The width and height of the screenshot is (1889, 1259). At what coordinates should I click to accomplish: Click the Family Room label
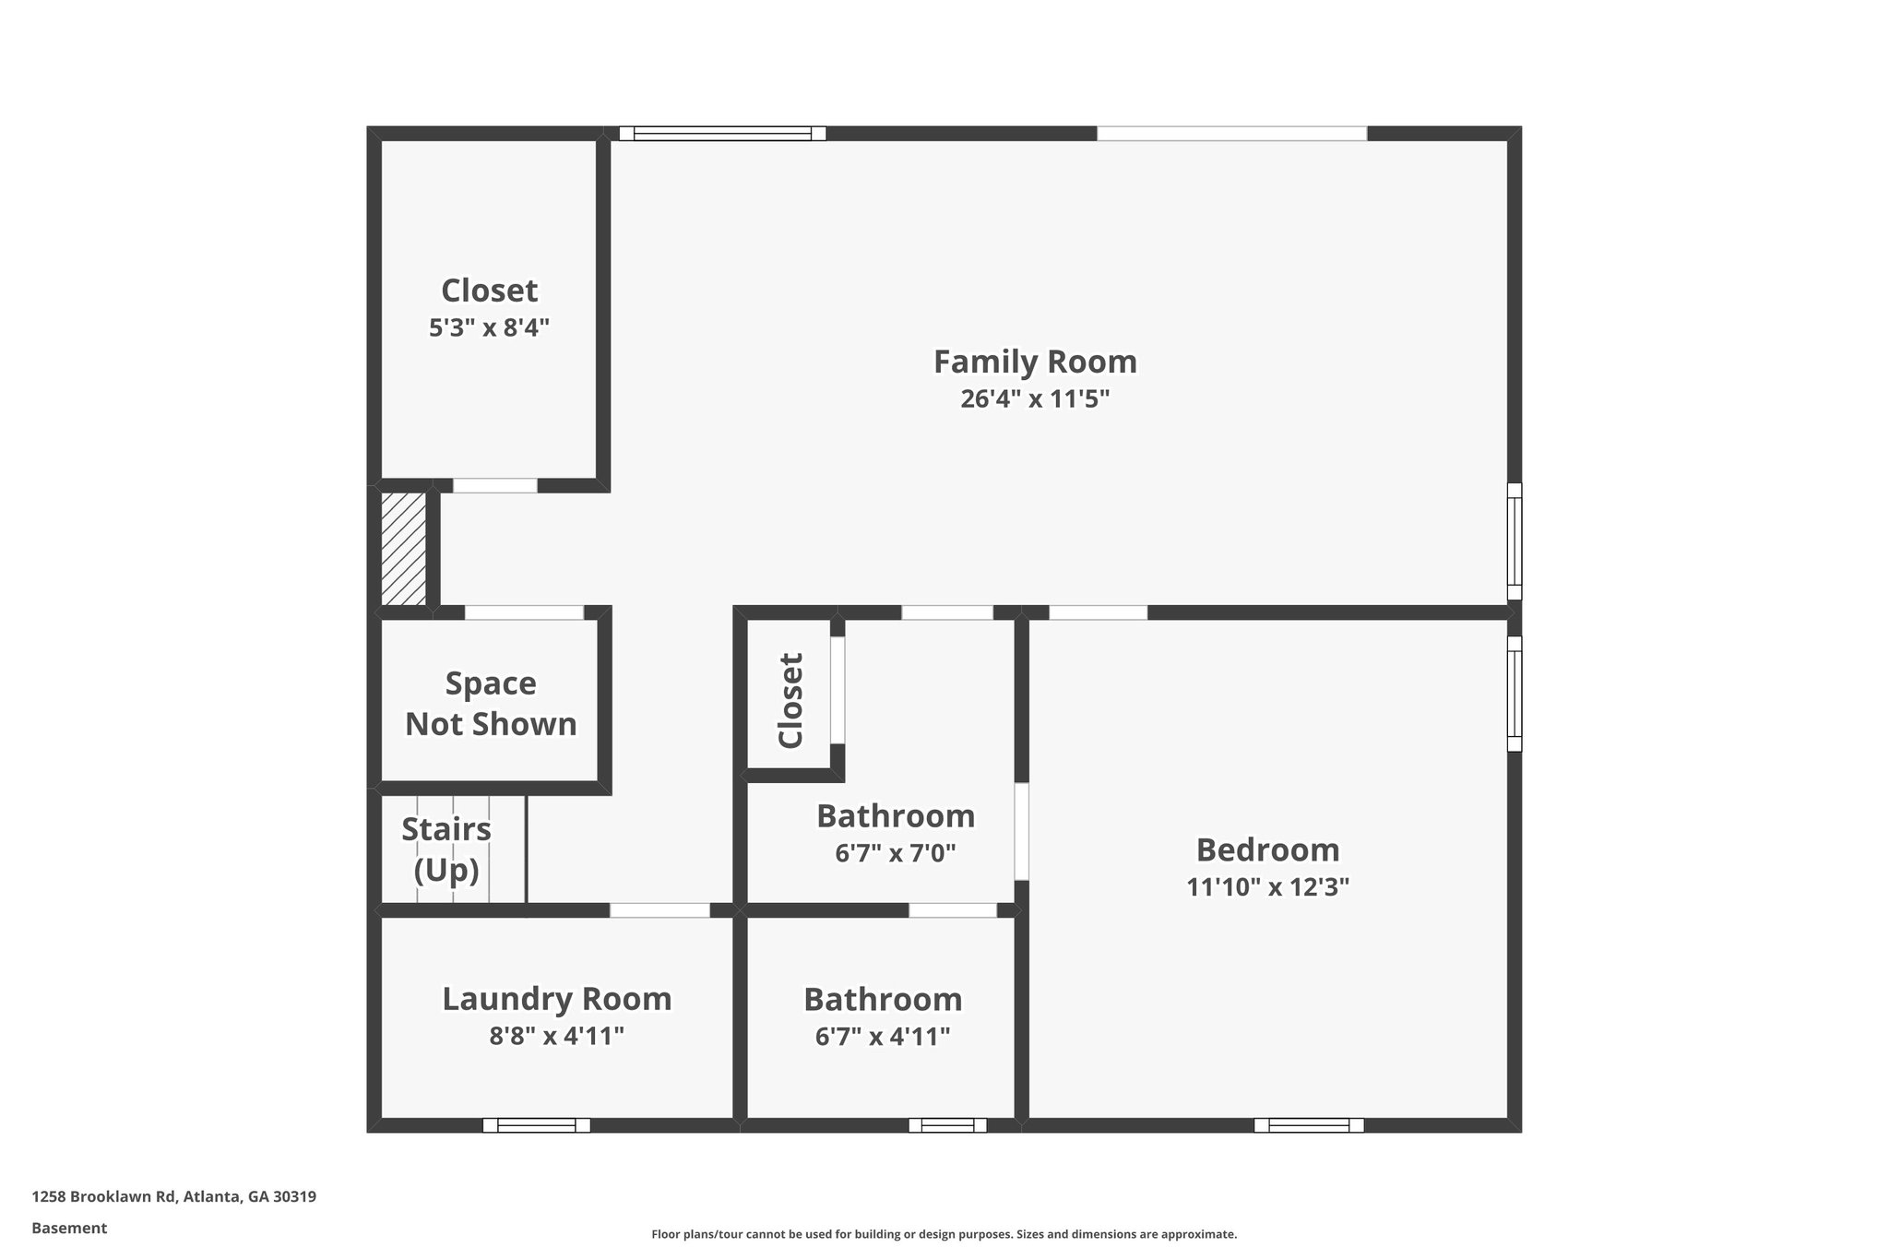point(1035,362)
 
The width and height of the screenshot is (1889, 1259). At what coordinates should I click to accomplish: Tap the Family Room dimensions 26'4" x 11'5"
point(1035,399)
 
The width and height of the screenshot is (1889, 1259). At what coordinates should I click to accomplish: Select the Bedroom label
point(1267,849)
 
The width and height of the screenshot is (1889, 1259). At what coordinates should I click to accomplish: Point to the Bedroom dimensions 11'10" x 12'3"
point(1267,887)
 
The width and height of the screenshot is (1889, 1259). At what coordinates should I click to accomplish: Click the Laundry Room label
point(556,999)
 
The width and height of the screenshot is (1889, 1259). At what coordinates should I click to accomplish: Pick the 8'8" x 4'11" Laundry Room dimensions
point(556,1037)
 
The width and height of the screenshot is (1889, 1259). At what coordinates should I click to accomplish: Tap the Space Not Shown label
point(491,704)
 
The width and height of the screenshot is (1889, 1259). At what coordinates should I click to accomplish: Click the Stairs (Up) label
point(446,849)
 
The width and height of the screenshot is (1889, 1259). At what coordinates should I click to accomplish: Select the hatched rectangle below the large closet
point(404,549)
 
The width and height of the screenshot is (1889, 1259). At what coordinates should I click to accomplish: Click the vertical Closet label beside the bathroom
point(791,700)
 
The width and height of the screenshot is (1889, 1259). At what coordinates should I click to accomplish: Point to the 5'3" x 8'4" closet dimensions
point(489,328)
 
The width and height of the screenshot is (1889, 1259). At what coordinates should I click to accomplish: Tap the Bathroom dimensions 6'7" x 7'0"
point(895,853)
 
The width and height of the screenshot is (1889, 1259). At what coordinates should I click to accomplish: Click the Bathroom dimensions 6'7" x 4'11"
point(883,1038)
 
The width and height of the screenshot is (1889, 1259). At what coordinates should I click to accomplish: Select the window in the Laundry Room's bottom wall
point(536,1125)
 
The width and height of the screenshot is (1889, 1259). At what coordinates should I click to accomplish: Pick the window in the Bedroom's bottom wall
point(1308,1125)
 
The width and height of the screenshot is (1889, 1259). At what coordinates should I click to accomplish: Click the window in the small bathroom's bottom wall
point(947,1125)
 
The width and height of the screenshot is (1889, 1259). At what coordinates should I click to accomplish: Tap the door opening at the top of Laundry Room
point(659,910)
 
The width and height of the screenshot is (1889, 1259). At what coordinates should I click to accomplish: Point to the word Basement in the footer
point(69,1229)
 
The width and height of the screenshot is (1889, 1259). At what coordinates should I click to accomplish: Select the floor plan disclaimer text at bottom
point(944,1234)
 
